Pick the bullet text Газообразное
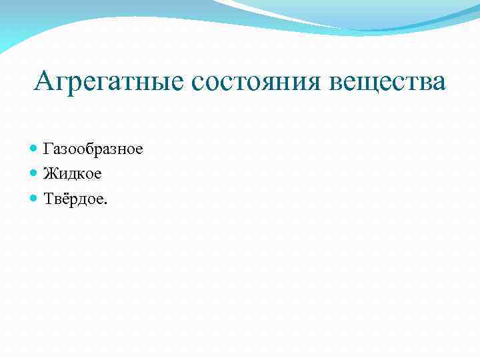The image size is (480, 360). pos(93,149)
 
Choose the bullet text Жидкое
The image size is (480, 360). pos(73,173)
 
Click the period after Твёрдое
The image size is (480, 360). pos(104,203)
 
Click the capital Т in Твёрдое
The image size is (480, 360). pos(49,199)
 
